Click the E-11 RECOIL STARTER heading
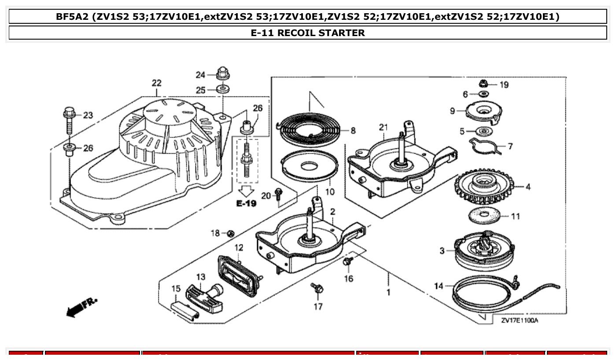tap(308, 33)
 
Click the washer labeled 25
tap(224, 89)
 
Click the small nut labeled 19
tap(483, 84)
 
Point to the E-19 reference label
tap(246, 203)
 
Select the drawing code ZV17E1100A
tap(519, 320)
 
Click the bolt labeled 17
tap(317, 288)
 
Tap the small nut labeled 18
tap(230, 233)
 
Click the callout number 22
tap(157, 83)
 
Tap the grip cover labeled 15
tap(184, 309)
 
